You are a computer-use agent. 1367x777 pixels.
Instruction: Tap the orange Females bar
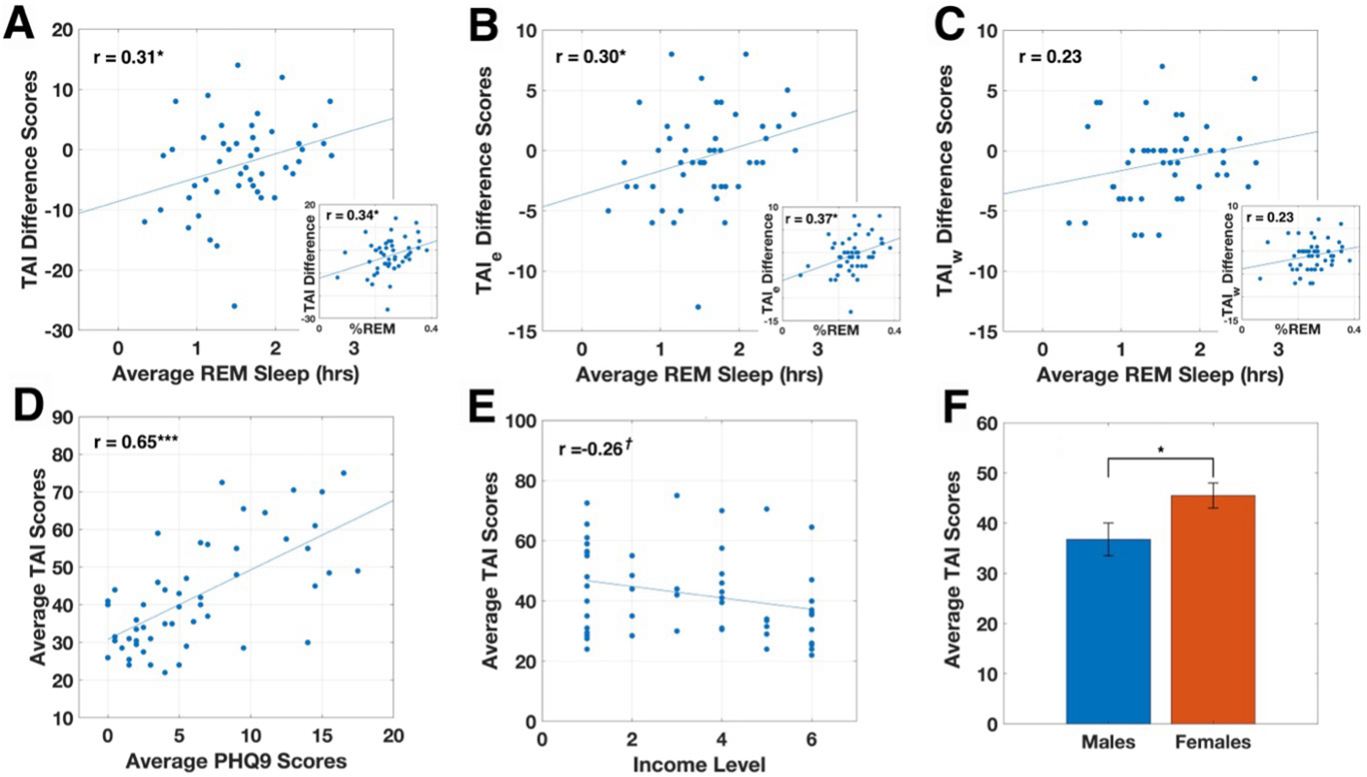[1215, 609]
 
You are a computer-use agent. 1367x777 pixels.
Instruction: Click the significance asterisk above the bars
[1161, 450]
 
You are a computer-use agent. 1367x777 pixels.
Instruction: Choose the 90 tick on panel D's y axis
[72, 416]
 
